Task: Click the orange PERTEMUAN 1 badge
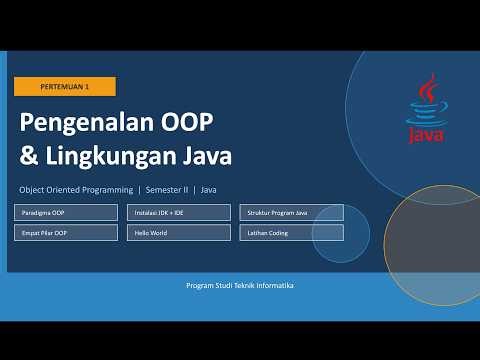click(65, 87)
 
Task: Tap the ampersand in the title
click(30, 158)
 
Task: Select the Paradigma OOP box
click(67, 212)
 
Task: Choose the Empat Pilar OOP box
click(67, 232)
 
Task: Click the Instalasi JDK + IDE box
click(179, 212)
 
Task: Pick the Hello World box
click(179, 232)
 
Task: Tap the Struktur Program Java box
click(291, 212)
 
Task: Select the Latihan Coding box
click(291, 232)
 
